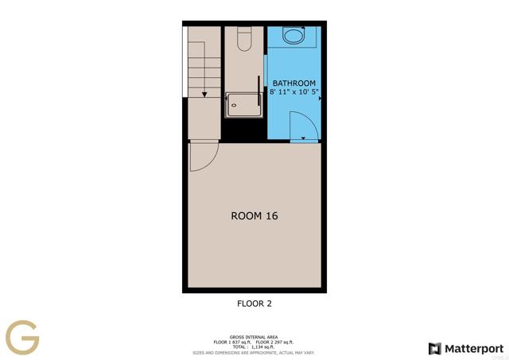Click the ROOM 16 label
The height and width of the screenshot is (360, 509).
254,215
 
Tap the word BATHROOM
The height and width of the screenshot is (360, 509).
294,83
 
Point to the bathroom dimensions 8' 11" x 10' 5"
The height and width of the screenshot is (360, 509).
294,93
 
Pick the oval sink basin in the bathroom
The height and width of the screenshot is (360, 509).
294,35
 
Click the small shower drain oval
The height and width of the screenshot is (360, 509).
234,103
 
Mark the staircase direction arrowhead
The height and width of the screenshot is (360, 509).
204,94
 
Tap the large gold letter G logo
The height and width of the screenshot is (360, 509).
22,339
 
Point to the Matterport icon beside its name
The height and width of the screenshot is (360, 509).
434,348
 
